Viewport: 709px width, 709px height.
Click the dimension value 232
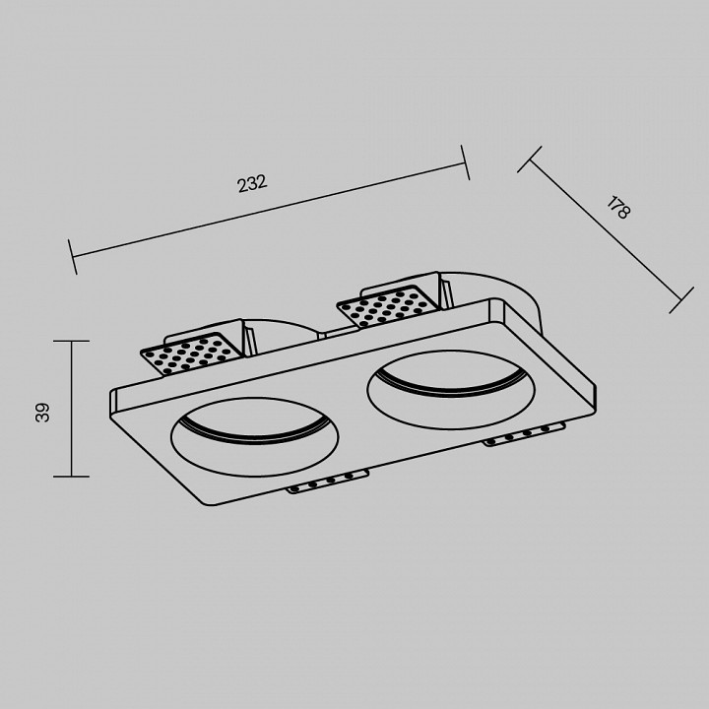coord(252,183)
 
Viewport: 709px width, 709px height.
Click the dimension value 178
coord(617,208)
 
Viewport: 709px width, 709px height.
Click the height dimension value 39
coord(42,413)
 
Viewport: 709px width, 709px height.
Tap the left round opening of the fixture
coord(254,437)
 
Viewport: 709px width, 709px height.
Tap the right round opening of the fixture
coord(451,390)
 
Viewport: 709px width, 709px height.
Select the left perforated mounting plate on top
coord(193,354)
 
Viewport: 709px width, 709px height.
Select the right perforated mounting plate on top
coord(388,305)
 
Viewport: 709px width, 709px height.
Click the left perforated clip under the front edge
coord(327,482)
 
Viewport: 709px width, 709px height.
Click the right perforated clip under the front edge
coord(525,435)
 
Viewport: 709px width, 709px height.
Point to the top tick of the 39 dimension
coord(71,341)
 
